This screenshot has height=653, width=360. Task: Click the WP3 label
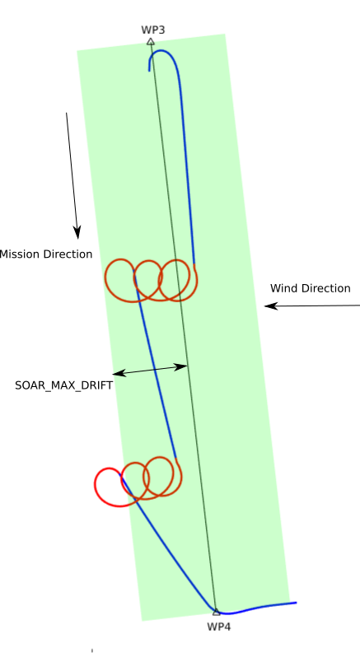tap(153, 30)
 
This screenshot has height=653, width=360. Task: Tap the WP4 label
tap(219, 627)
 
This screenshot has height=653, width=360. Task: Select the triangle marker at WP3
tap(151, 41)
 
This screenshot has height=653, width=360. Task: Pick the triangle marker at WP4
tap(216, 612)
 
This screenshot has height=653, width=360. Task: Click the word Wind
tap(282, 288)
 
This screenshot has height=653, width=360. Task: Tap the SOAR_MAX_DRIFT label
tap(63, 385)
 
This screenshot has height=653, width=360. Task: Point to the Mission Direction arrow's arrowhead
tap(77, 232)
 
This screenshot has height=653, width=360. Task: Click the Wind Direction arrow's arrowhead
tap(271, 306)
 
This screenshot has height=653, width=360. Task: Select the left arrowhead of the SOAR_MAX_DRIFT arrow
tap(119, 373)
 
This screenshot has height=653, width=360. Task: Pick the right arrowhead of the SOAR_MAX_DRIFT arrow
tap(181, 367)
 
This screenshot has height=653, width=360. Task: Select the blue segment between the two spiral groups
tap(156, 365)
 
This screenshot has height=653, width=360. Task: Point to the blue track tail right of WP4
tap(259, 607)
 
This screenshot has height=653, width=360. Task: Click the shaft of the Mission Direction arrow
tap(71, 170)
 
